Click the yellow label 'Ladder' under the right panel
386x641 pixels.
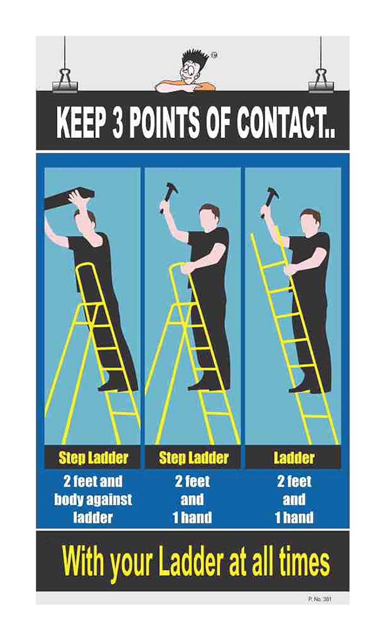point(294,458)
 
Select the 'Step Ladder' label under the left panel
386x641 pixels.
point(93,458)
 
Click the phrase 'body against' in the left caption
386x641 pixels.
point(93,500)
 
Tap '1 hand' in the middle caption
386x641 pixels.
point(192,518)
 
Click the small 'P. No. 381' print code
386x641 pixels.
point(319,599)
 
